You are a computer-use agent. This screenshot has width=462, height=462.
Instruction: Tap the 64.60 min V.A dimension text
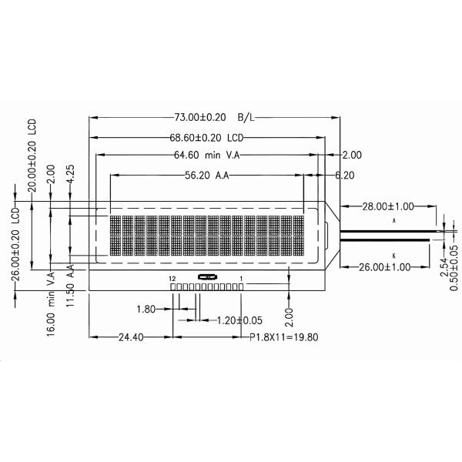click(206, 156)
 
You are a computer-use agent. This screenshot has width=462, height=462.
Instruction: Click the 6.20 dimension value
click(344, 176)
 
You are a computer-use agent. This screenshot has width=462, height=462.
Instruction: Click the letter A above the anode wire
click(393, 220)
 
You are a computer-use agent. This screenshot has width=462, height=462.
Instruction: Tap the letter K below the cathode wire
click(393, 254)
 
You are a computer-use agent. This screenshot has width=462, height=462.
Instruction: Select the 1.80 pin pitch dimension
click(146, 310)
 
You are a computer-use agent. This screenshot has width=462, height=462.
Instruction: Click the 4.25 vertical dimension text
click(70, 172)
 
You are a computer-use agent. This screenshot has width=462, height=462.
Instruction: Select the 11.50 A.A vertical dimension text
click(70, 285)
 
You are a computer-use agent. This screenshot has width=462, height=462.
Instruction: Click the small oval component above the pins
click(206, 277)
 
